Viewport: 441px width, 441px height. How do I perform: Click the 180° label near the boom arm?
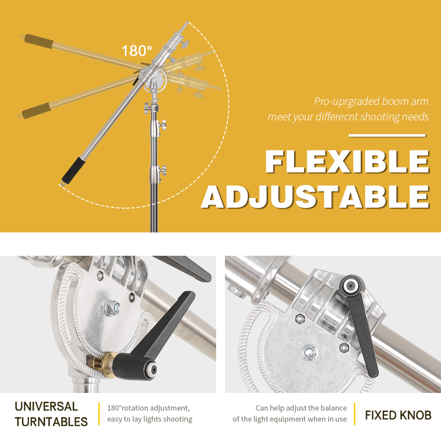137,51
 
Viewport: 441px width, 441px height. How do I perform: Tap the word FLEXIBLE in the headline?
347,161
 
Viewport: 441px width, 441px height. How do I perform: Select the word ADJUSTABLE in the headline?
315,197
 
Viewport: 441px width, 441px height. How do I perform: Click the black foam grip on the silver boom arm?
73,170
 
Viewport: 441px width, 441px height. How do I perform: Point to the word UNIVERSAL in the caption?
46,407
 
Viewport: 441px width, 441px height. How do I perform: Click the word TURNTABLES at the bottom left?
51,422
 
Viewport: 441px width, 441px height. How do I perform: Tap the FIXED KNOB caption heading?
398,415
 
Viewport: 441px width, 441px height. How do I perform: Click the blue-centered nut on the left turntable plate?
112,307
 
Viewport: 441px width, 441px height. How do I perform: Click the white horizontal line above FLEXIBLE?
387,135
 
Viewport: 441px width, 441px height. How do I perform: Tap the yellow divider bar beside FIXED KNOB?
355,414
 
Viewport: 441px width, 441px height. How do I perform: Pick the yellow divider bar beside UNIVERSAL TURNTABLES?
99,414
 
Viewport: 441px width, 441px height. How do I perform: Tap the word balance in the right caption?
334,408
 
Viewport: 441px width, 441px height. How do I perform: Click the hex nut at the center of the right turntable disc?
309,352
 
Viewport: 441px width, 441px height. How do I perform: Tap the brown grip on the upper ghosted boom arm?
38,41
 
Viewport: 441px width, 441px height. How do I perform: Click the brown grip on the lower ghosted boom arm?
37,111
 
